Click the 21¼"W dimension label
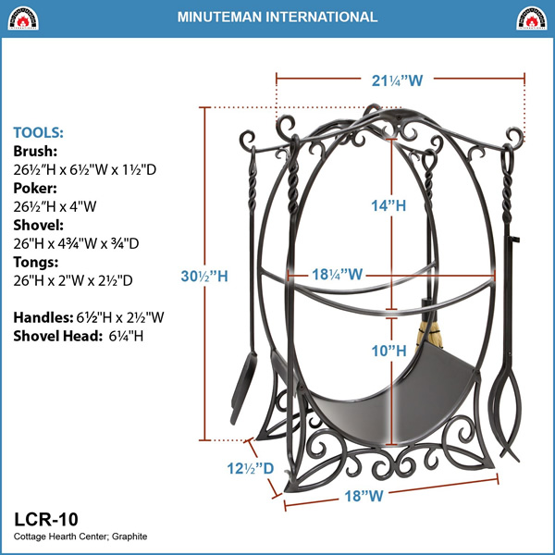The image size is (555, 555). (397, 80)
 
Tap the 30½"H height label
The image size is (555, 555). (204, 276)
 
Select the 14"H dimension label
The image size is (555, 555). (388, 205)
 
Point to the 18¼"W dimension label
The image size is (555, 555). (337, 275)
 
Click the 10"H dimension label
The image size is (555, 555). (388, 351)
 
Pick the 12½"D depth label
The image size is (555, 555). (251, 468)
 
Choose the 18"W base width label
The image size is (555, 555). (364, 496)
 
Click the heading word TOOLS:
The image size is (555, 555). (38, 132)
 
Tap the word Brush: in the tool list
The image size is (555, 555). (35, 151)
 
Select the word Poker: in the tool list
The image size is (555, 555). (35, 188)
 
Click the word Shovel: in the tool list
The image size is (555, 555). (38, 225)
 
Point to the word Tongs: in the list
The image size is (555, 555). (36, 262)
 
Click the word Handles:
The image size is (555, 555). (43, 317)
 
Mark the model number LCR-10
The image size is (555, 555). (46, 519)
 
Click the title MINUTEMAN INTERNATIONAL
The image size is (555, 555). (277, 17)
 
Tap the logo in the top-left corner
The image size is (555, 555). (23, 18)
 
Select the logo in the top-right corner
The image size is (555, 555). (531, 18)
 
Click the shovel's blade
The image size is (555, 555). (242, 388)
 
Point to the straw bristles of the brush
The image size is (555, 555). (430, 338)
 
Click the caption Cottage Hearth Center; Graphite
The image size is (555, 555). (80, 536)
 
